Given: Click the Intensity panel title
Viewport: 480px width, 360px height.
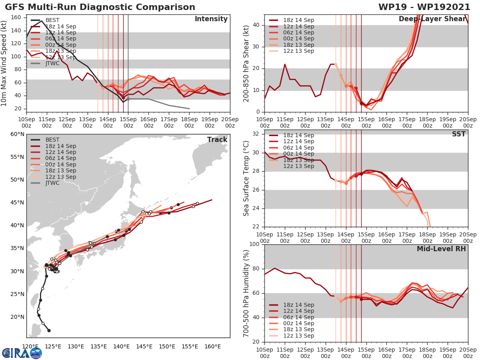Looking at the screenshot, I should [211, 19].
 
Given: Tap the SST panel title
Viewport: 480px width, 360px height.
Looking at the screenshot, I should [459, 134].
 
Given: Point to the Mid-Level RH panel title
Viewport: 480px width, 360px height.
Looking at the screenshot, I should [441, 249].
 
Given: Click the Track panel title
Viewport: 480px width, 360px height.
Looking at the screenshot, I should [217, 140].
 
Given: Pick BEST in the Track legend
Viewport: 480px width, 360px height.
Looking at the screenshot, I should [52, 140].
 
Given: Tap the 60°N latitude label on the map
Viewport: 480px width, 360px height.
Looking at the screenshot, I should [17, 134].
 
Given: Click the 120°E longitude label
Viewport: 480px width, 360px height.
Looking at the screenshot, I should [30, 346].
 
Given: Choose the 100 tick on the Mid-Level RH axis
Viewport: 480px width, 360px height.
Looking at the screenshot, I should [254, 244].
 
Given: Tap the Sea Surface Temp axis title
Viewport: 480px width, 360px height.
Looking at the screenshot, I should [246, 178].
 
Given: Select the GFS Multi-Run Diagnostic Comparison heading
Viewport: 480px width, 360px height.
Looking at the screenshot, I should [100, 7].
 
